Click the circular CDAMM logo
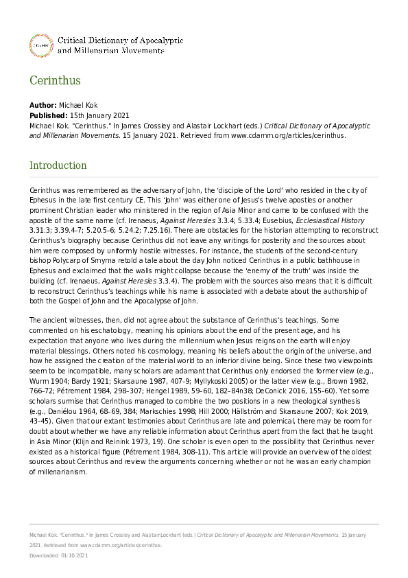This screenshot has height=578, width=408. click(x=40, y=45)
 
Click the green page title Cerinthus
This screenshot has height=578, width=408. click(x=55, y=80)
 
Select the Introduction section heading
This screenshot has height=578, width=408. click(x=58, y=165)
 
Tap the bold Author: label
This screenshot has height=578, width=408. click(x=43, y=105)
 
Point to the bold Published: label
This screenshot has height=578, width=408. click(x=48, y=115)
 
